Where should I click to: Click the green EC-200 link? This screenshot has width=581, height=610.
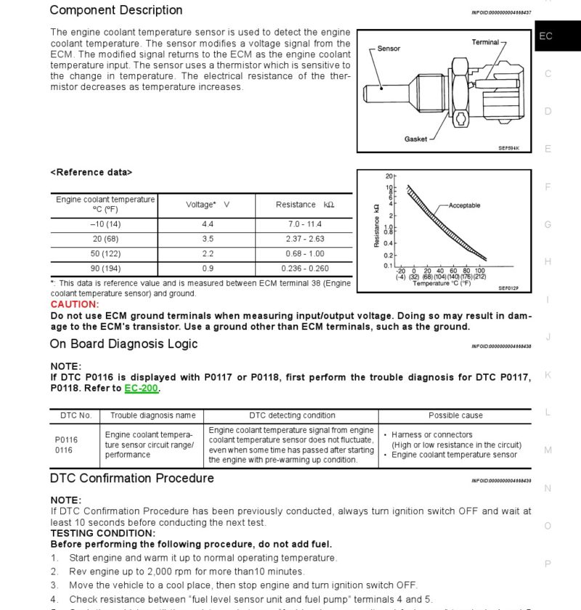[x=141, y=389]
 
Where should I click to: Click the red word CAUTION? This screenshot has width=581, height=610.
[x=73, y=304]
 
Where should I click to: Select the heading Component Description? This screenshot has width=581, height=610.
[x=116, y=10]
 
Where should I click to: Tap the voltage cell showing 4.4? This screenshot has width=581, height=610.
[x=208, y=224]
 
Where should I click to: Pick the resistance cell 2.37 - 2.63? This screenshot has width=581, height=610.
[x=305, y=239]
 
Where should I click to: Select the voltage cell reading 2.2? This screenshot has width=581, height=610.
[x=208, y=253]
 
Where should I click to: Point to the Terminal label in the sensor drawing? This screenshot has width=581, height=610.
[x=484, y=42]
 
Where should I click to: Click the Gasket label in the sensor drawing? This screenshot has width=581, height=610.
[x=415, y=139]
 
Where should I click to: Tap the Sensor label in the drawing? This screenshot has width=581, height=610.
[x=389, y=49]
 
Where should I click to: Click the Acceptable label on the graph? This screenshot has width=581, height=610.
[x=464, y=206]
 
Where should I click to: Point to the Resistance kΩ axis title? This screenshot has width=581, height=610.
[x=376, y=225]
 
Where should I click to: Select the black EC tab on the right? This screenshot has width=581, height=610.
[x=546, y=36]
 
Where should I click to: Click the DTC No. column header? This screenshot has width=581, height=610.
[x=75, y=415]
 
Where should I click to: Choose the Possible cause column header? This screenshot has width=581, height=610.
[x=455, y=415]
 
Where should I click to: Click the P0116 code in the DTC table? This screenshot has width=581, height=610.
[x=66, y=440]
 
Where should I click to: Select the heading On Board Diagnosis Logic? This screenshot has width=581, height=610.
[x=123, y=343]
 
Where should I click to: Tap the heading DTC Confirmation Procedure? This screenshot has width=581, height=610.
[x=131, y=478]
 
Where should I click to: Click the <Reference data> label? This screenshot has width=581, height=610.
[x=91, y=172]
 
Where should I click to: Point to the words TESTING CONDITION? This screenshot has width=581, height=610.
[x=92, y=532]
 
